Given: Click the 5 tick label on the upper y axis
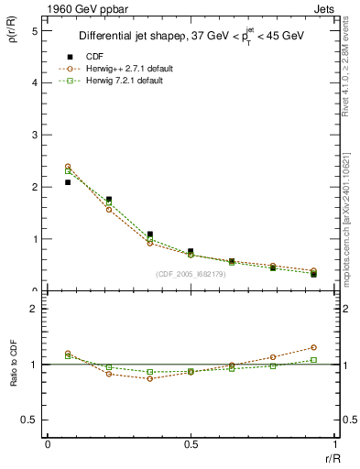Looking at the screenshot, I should pos(34,30).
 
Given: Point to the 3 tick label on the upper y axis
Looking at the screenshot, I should pos(34,135).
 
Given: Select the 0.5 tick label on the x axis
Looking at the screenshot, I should pos(191,444).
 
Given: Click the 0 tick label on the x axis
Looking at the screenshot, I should pos(48,444).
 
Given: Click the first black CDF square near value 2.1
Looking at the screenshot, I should pos(68,182).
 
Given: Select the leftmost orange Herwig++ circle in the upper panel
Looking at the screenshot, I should pos(68,167).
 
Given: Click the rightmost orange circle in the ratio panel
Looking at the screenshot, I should pos(313,347).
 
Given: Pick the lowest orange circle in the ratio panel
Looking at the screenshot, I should pos(150,378).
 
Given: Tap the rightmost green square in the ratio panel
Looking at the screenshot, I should pos(313,360).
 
